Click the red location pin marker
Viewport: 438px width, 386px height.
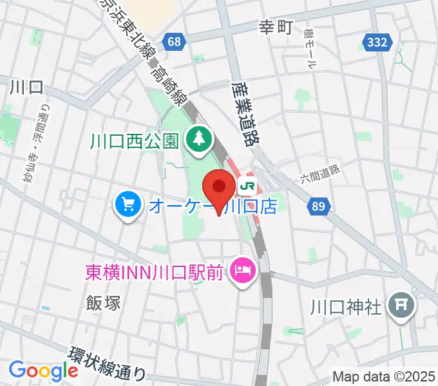click(x=219, y=190)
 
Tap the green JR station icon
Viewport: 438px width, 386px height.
click(x=247, y=187)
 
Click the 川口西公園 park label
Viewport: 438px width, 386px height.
click(x=134, y=140)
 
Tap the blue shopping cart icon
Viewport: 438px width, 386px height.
click(x=128, y=206)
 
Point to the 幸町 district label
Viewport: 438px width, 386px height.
click(x=276, y=27)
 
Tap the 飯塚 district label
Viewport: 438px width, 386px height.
click(x=103, y=302)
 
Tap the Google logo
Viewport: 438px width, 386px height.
click(x=43, y=371)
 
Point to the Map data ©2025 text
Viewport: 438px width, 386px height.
click(x=383, y=376)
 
